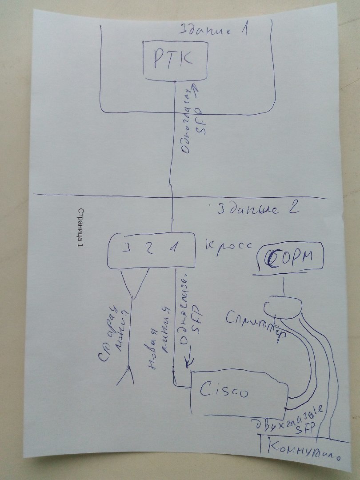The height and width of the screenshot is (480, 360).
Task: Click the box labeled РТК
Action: pyautogui.click(x=175, y=60)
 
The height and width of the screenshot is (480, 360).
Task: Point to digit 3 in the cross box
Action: pyautogui.click(x=127, y=248)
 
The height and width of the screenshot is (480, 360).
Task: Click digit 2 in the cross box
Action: pyautogui.click(x=150, y=248)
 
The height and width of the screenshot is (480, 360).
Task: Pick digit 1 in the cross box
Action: pyautogui.click(x=175, y=248)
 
